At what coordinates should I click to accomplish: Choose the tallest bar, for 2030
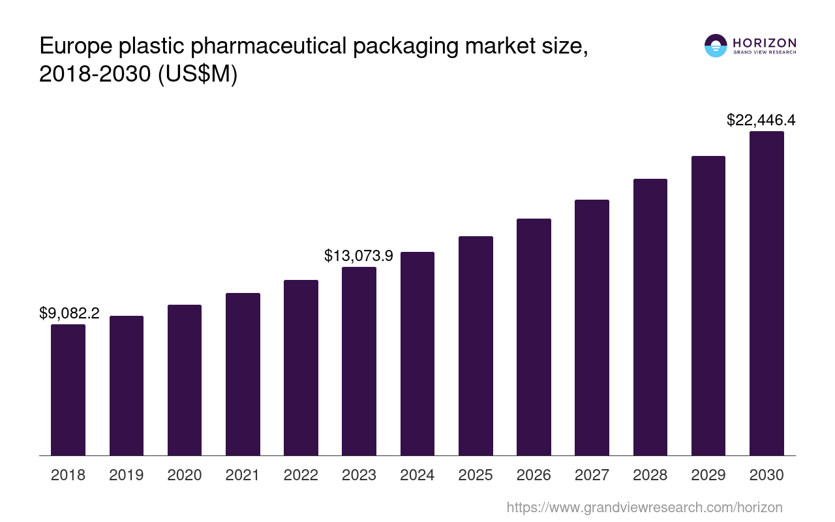pyautogui.click(x=767, y=293)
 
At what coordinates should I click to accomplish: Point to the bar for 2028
pyautogui.click(x=650, y=317)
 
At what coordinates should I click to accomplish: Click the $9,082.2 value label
pyautogui.click(x=69, y=313)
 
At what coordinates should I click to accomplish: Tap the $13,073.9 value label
pyautogui.click(x=359, y=256)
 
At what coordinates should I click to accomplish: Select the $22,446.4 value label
pyautogui.click(x=761, y=120)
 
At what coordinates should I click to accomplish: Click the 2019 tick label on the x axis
pyautogui.click(x=126, y=475)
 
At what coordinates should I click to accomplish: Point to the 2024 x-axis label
pyautogui.click(x=417, y=475)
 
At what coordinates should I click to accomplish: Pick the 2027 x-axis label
pyautogui.click(x=592, y=475)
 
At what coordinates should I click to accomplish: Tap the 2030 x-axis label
pyautogui.click(x=767, y=475)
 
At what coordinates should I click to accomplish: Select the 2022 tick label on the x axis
pyautogui.click(x=301, y=475)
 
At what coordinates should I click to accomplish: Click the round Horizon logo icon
pyautogui.click(x=716, y=46)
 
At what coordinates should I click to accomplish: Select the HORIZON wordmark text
pyautogui.click(x=765, y=42)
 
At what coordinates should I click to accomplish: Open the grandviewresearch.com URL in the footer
pyautogui.click(x=644, y=507)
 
